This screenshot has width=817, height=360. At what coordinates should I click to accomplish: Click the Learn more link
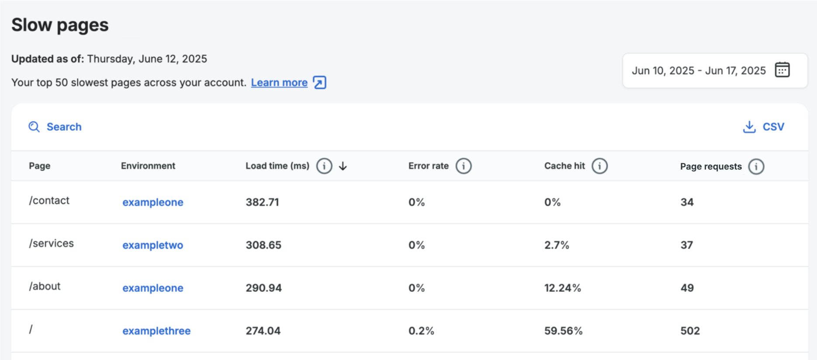coord(279,83)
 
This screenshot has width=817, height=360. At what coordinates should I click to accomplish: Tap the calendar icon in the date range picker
coord(782,70)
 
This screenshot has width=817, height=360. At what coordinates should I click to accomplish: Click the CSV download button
coord(764,127)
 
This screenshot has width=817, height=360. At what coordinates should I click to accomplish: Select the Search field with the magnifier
coord(55,127)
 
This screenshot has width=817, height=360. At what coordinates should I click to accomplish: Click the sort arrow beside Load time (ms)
coord(343,166)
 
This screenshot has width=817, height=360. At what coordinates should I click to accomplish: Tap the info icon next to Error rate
coord(464,166)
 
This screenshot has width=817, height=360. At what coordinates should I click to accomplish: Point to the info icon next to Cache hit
coord(599,166)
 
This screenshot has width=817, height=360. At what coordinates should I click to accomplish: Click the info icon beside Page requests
coord(756,166)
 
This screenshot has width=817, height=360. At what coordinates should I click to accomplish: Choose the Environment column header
coord(148,166)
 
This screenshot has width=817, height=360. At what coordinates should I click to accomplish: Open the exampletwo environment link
coord(152,245)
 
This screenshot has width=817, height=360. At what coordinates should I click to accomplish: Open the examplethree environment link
coord(156,331)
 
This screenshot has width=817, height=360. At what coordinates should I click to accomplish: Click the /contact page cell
coord(49,201)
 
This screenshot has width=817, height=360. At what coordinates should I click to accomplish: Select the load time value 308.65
coord(263,245)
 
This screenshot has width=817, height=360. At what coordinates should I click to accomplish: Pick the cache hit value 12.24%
coord(562,288)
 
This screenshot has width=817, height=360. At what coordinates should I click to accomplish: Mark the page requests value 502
coord(690,331)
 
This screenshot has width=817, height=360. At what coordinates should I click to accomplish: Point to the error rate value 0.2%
coord(421,331)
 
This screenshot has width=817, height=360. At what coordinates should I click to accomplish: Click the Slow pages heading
coord(60,25)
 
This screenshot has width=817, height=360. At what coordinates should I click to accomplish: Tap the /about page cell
coord(45,286)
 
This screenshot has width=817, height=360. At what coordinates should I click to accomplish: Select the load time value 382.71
coord(262,202)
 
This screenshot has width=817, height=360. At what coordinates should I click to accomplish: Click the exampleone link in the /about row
coord(152,288)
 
